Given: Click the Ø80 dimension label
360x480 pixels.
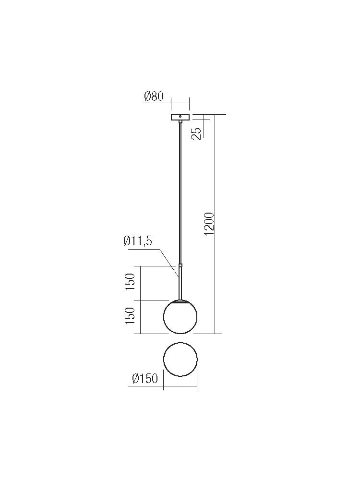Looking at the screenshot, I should point(154,96).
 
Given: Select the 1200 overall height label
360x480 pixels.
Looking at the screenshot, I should point(209,224).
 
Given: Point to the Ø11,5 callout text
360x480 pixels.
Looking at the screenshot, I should point(138,241).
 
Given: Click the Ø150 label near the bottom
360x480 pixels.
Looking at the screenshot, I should point(144,379).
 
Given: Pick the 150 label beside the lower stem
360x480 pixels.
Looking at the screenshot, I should point(131,283).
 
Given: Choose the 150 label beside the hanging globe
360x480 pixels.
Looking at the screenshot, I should point(131,316).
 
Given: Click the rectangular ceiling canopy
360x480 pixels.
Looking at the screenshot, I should point(180,117).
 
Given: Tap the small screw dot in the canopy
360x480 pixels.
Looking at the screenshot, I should point(180,117).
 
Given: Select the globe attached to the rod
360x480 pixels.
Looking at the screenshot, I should point(180,318).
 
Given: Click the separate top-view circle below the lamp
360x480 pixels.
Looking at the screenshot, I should point(180,359).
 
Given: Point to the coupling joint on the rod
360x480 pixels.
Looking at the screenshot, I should point(180,265).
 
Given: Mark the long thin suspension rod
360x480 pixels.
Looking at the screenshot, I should point(180,192).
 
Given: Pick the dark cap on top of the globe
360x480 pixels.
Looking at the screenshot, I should point(180,302).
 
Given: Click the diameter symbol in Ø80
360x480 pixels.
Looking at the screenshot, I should point(147,96).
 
